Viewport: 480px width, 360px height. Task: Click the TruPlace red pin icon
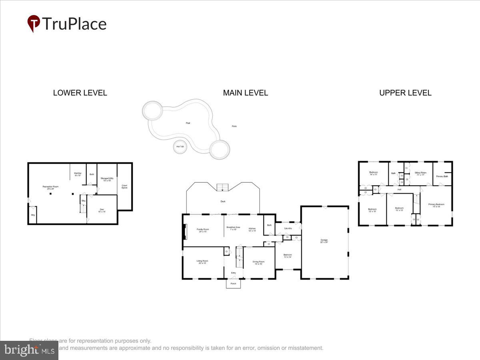click(34, 23)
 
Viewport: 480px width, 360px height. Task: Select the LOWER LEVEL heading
click(80, 93)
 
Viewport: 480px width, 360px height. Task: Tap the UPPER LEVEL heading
click(405, 93)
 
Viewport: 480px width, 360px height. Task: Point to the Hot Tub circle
click(180, 147)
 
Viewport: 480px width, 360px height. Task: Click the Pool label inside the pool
click(188, 123)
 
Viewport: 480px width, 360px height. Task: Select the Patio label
click(234, 126)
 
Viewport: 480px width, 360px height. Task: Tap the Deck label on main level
click(223, 201)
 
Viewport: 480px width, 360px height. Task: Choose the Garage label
click(324, 241)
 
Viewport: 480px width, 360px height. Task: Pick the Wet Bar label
click(78, 174)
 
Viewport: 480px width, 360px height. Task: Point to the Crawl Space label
click(124, 186)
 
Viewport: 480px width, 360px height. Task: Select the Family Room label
click(203, 230)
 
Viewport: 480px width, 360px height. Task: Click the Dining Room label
click(258, 262)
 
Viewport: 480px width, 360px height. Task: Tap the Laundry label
click(288, 228)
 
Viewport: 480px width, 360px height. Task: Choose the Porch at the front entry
click(233, 284)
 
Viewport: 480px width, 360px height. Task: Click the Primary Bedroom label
click(436, 205)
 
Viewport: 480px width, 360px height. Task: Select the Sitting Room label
click(420, 173)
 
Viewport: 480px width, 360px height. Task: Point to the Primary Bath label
click(442, 176)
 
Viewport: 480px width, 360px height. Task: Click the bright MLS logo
click(29, 350)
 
